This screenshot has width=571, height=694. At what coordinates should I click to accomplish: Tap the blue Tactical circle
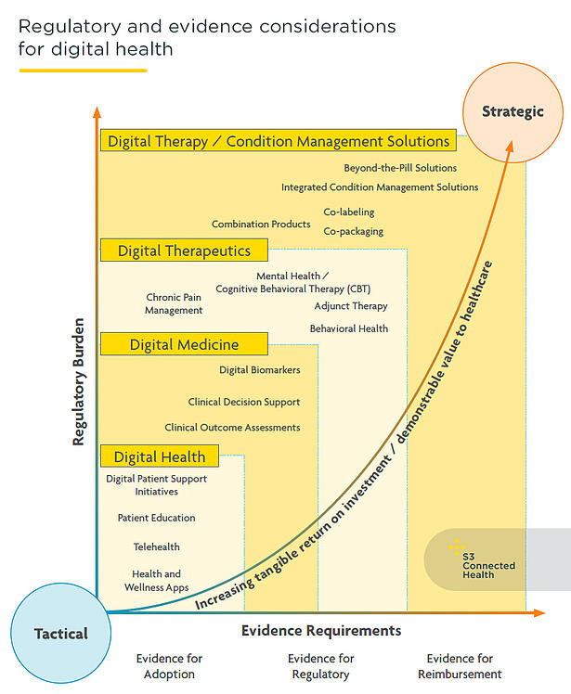(61, 634)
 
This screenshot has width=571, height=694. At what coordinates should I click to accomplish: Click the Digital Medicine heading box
(184, 344)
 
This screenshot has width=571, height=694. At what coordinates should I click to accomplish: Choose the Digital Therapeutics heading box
(184, 251)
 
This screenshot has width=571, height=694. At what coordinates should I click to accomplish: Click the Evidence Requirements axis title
(321, 631)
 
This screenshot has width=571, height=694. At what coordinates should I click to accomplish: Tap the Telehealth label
(156, 546)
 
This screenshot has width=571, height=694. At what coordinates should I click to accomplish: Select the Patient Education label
(156, 518)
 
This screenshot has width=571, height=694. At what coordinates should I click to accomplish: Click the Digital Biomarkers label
(259, 370)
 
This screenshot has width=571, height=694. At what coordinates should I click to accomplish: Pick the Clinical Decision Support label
(244, 402)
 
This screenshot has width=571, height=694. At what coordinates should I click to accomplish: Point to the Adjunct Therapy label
(350, 305)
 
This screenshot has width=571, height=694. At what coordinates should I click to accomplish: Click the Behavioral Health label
(348, 328)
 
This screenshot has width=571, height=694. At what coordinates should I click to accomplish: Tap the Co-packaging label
(353, 231)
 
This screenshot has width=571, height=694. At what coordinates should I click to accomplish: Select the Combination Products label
(261, 224)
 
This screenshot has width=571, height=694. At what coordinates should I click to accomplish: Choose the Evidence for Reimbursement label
(460, 666)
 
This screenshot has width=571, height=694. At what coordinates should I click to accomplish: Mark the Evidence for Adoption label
(169, 666)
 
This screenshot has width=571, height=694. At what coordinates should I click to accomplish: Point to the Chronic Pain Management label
(174, 303)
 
